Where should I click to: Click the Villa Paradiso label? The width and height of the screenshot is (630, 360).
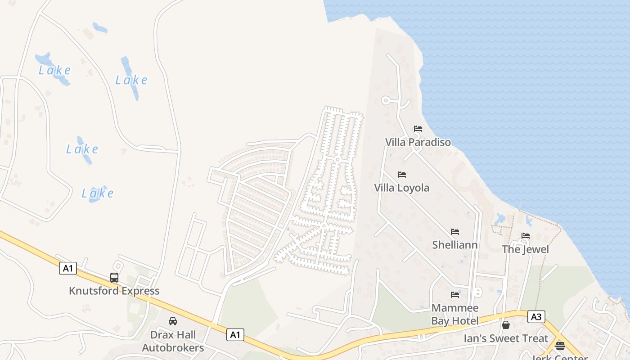point(418,142)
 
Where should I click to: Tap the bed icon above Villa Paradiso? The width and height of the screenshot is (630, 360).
point(418,129)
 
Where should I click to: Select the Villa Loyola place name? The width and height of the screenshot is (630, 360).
point(401,188)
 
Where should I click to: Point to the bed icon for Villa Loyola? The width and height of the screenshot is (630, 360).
point(401,175)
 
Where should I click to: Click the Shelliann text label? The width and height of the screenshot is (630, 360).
point(454,245)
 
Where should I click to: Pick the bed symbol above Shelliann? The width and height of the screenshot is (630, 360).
point(455,232)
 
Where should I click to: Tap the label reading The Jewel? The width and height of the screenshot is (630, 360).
point(525,249)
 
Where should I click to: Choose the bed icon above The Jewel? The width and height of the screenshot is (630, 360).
point(525,236)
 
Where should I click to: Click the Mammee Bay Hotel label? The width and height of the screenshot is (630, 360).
point(455,314)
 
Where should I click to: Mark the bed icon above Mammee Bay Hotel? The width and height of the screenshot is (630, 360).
point(455,295)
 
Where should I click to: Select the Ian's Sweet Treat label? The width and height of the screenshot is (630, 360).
point(506,338)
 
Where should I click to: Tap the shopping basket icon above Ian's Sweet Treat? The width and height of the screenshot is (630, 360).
point(506,324)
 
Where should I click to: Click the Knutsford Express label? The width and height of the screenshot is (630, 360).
point(114,291)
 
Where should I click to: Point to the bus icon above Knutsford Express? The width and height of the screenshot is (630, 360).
point(114,277)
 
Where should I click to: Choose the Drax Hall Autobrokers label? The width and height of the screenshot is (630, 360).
point(173,341)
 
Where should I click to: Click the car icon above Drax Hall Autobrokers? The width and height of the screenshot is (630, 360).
point(172,321)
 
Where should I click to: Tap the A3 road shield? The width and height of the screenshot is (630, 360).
point(536,317)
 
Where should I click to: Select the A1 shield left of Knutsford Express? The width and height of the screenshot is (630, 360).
point(67,269)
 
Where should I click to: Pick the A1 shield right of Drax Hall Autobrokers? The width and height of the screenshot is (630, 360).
point(235,334)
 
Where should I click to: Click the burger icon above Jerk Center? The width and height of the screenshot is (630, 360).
point(560,346)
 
